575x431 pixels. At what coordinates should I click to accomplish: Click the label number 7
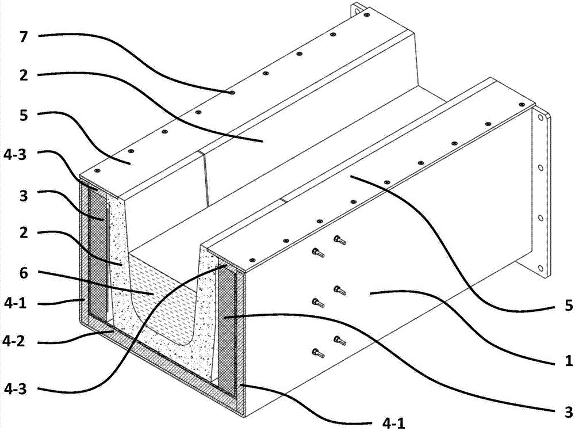(24, 37)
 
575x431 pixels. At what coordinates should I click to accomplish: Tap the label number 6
(24, 273)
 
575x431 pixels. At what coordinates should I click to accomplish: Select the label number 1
(569, 361)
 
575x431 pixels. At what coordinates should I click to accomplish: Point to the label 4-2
(14, 341)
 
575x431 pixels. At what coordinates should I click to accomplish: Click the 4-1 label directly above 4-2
(14, 303)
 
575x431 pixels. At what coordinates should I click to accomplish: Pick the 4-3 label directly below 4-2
(14, 389)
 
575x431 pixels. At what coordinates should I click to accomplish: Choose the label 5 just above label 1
(569, 306)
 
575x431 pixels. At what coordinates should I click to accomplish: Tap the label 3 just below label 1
(569, 411)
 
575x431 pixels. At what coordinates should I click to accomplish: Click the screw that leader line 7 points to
(232, 93)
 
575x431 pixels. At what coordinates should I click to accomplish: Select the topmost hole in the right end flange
(540, 118)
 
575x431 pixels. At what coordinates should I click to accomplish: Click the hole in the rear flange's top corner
(355, 11)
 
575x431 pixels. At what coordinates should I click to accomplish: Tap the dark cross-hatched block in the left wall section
(97, 253)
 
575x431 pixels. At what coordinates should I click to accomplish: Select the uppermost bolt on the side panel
(339, 240)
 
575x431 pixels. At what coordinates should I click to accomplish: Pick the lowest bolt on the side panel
(317, 353)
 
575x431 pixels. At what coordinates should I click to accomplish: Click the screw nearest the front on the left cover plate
(97, 171)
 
